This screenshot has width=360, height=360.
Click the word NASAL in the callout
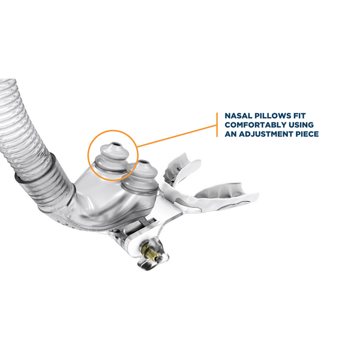[238, 116]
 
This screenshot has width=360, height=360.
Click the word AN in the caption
[230, 134]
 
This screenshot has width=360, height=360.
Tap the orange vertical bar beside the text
[217, 125]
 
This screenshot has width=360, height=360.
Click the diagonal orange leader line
[176, 136]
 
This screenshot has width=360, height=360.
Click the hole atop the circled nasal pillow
[115, 145]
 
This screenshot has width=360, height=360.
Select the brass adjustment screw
[151, 253]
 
